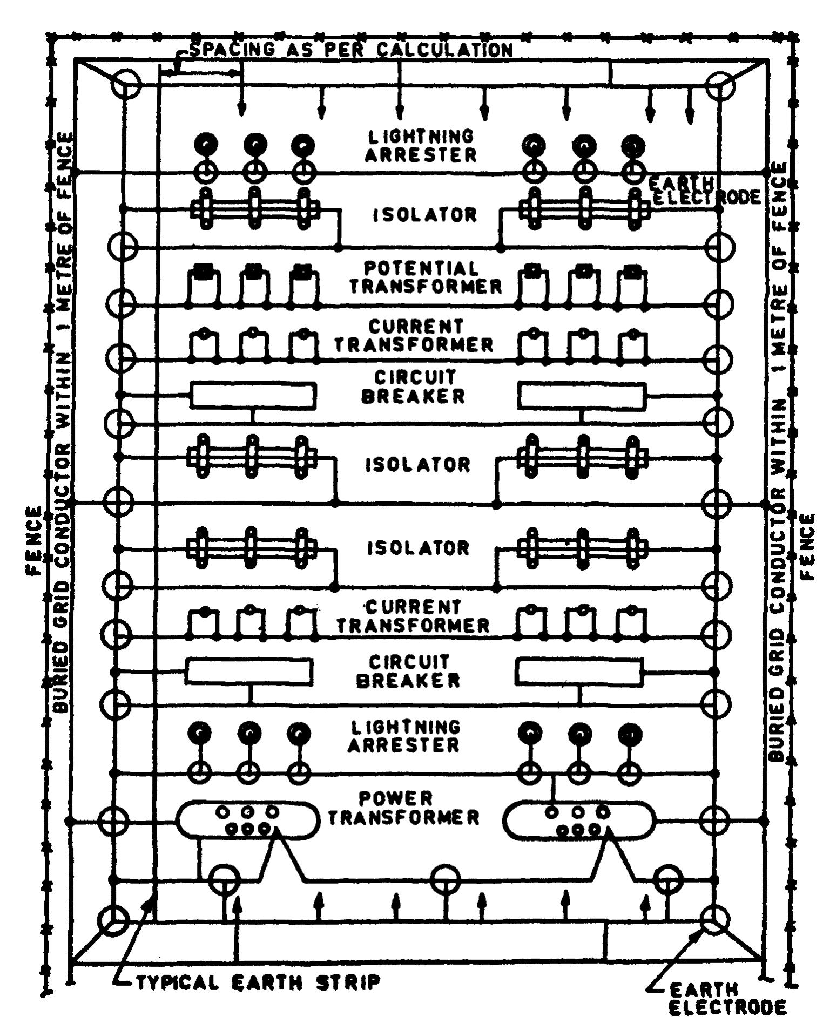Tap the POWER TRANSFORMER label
tap(404, 808)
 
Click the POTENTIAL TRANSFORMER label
tap(426, 277)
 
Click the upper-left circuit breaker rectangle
tap(253, 396)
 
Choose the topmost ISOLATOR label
tap(426, 215)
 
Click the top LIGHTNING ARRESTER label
tap(421, 145)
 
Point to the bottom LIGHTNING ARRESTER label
tap(404, 736)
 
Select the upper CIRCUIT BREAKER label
tap(413, 387)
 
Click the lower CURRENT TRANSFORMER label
tap(414, 616)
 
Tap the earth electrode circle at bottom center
tap(447, 880)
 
